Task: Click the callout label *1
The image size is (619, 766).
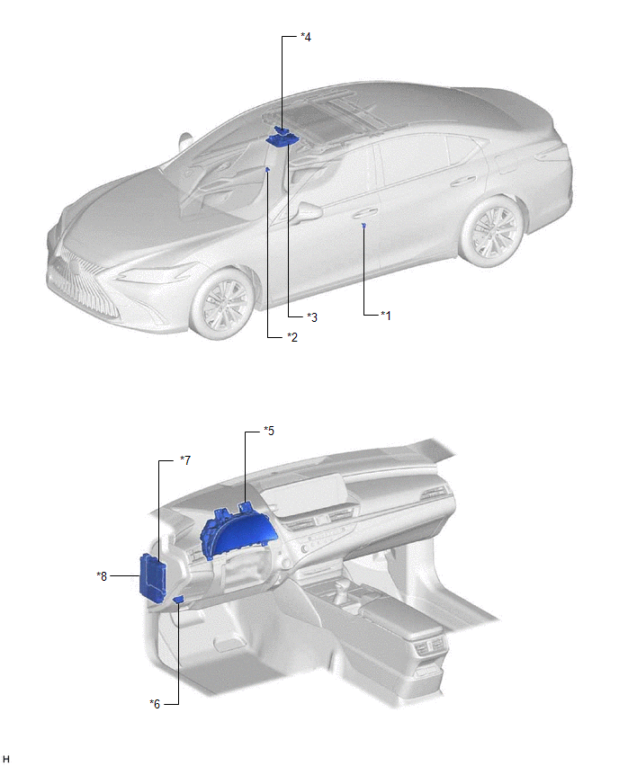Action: (386, 316)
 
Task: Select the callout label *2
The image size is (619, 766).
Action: (292, 337)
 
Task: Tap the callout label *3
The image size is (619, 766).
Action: (312, 317)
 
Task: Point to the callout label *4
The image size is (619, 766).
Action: (306, 37)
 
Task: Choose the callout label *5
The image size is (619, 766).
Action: (269, 431)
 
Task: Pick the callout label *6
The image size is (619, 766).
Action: (155, 704)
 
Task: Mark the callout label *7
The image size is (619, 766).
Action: (185, 459)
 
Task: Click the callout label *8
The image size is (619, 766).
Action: (102, 576)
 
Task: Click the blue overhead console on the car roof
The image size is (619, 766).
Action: (282, 137)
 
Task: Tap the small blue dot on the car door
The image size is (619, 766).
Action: (363, 225)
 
